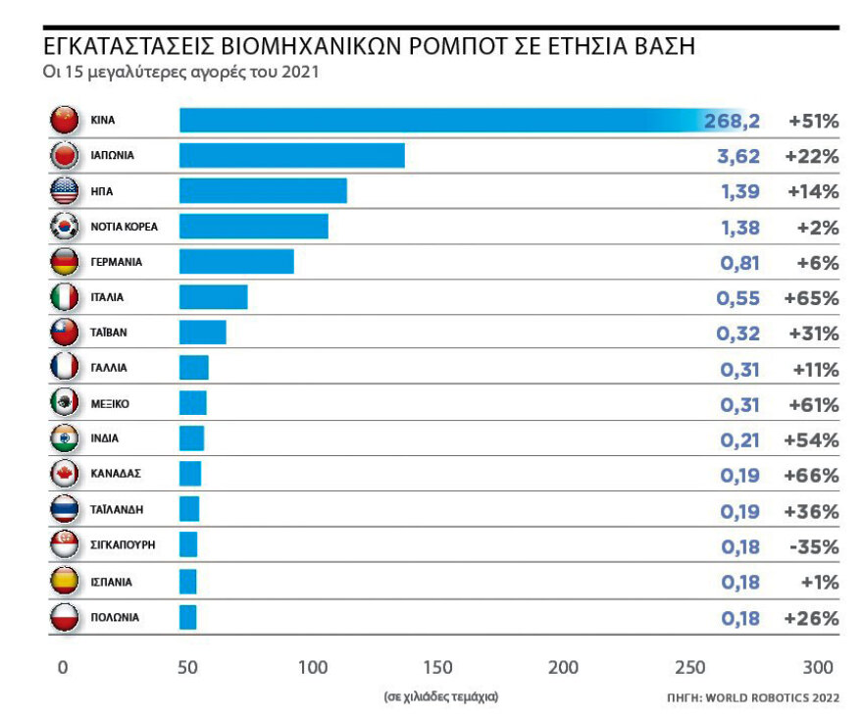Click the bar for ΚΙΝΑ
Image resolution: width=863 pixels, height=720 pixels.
coord(441,121)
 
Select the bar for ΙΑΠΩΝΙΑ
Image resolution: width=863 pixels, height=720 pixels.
coord(291,155)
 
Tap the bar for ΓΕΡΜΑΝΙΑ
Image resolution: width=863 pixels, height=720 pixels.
coord(236,262)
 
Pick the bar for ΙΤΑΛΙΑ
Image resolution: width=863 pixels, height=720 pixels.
coord(213,296)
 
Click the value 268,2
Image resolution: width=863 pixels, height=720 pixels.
coord(732,122)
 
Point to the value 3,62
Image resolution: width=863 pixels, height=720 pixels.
coord(738,156)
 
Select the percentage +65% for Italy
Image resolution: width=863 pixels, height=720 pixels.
coord(812,298)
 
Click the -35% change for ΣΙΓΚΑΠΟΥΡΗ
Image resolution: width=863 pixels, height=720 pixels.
coord(813,546)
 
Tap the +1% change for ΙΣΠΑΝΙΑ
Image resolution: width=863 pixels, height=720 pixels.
coord(819,582)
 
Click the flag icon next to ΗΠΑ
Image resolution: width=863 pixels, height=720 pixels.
coord(64,191)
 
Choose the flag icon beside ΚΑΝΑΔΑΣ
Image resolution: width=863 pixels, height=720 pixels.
coord(64,474)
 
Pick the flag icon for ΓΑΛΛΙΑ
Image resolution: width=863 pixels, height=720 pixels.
coord(64,368)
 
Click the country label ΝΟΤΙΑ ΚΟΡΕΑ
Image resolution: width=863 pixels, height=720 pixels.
coord(124,227)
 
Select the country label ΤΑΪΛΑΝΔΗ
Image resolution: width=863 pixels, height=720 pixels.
coord(117,509)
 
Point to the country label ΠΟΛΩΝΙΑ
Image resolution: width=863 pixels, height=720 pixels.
coord(115,617)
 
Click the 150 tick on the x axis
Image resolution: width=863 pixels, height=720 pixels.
coord(437,668)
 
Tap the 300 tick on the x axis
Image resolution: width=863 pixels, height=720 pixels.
coord(817,668)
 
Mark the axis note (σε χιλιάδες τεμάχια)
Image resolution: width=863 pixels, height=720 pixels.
coord(440,696)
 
